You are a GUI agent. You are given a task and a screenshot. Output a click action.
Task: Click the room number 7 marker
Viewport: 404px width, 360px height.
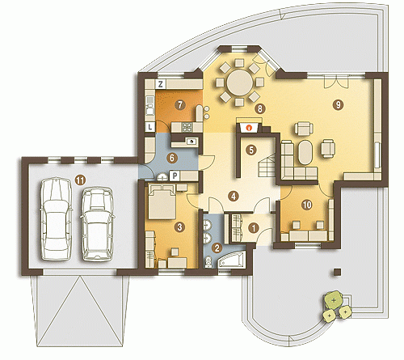(180, 104)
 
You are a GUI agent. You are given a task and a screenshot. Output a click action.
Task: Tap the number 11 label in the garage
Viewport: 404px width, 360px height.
(80, 180)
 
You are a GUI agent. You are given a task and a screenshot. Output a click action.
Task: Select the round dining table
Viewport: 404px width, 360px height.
(239, 83)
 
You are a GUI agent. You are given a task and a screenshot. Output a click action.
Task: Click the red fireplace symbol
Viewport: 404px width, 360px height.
(250, 128)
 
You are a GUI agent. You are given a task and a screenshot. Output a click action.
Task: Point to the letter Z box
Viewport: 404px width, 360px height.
(161, 84)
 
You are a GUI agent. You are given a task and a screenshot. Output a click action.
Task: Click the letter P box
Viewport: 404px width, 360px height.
(175, 176)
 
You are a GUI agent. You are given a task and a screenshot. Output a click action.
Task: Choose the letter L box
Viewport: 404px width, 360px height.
(150, 127)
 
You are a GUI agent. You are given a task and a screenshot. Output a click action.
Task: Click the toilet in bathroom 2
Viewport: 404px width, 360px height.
(208, 262)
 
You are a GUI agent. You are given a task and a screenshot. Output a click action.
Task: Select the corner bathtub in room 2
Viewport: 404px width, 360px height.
(232, 260)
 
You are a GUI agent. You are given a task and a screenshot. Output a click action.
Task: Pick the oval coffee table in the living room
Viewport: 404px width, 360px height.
(305, 152)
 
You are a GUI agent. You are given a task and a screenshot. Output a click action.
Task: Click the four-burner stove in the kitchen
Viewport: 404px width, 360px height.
(187, 127)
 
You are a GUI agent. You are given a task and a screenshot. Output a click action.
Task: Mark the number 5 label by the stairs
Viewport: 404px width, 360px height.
(251, 150)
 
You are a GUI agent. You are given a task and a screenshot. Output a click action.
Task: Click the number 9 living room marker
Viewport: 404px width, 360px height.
(338, 104)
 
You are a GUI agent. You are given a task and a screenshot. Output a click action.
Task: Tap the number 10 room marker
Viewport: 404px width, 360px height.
(307, 205)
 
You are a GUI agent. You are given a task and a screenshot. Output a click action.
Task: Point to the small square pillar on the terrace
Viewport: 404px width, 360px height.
(338, 272)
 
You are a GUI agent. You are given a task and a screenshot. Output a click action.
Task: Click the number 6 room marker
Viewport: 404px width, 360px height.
(172, 158)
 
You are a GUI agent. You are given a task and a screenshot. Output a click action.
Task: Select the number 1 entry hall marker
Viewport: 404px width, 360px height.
(254, 228)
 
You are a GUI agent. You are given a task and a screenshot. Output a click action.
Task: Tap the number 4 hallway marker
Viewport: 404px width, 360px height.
(234, 196)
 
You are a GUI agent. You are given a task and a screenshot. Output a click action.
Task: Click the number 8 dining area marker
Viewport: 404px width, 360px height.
(259, 108)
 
